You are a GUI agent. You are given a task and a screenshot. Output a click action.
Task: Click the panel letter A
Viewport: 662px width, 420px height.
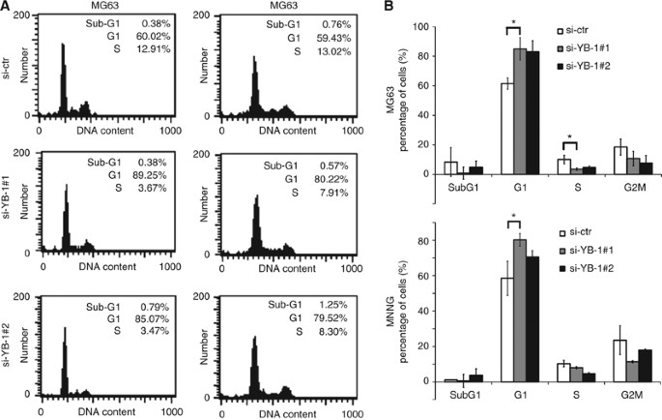click(7, 8)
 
